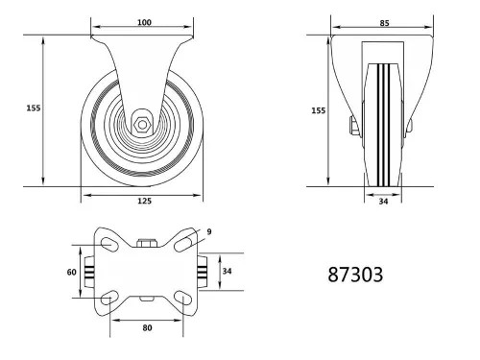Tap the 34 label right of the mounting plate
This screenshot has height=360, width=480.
(x=227, y=272)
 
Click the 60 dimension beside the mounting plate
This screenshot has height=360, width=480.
(x=70, y=272)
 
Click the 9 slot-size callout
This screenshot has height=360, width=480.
(x=208, y=230)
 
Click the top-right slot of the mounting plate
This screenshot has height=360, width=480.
(x=184, y=247)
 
